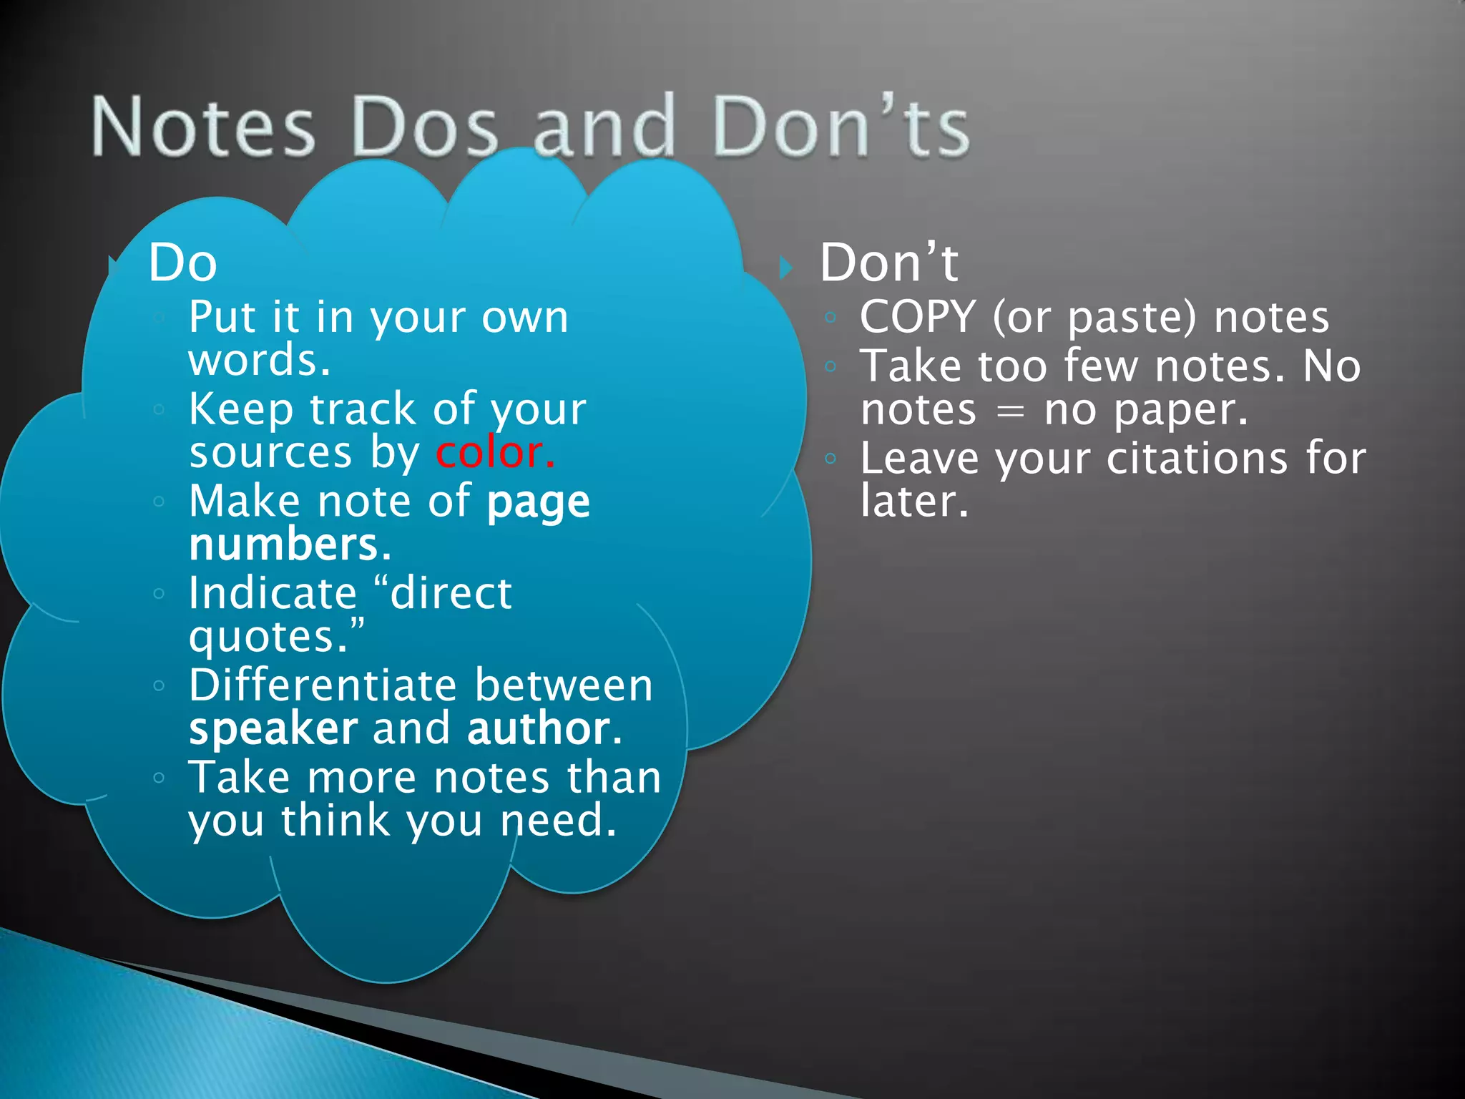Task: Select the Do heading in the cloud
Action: [x=182, y=263]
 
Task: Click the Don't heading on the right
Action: [x=888, y=263]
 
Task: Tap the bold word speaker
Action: [x=273, y=729]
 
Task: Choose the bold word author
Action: [x=539, y=729]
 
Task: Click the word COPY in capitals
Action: [x=918, y=317]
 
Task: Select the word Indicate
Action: [x=273, y=593]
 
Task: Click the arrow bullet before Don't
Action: [x=786, y=268]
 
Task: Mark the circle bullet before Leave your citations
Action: [x=830, y=459]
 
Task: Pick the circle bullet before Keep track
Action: [x=159, y=410]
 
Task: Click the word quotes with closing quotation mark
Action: [x=275, y=636]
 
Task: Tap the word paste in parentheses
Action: [x=1130, y=318]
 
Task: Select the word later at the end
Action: [x=913, y=501]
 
